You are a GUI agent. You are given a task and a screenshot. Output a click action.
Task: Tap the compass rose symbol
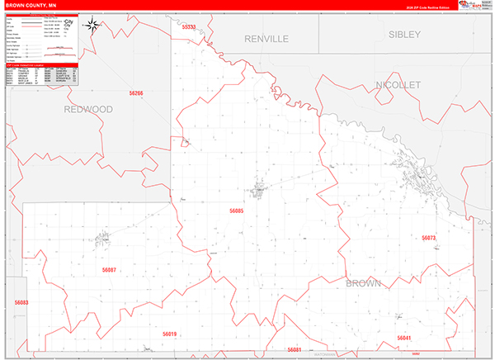pyautogui.click(x=95, y=25)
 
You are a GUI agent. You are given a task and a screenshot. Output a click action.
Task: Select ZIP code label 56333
pyautogui.click(x=190, y=28)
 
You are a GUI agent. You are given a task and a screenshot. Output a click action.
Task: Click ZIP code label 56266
pyautogui.click(x=136, y=94)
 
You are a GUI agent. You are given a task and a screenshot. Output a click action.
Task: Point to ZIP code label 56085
pyautogui.click(x=237, y=211)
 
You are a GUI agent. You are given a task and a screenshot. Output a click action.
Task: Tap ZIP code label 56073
pyautogui.click(x=428, y=238)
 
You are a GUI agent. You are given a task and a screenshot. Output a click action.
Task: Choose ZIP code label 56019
pyautogui.click(x=169, y=334)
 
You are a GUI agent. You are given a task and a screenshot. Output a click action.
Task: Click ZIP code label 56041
pyautogui.click(x=403, y=338)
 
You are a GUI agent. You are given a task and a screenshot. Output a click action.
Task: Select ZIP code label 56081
pyautogui.click(x=295, y=350)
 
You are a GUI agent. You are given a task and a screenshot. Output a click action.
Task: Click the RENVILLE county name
pyautogui.click(x=266, y=39)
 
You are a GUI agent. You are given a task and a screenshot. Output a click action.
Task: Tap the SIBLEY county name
pyautogui.click(x=404, y=35)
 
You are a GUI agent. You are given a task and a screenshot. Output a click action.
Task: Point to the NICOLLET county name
pyautogui.click(x=398, y=85)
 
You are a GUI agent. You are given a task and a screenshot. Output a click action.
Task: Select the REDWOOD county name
pyautogui.click(x=88, y=109)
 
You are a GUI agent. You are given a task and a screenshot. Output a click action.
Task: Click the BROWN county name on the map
pyautogui.click(x=363, y=284)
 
